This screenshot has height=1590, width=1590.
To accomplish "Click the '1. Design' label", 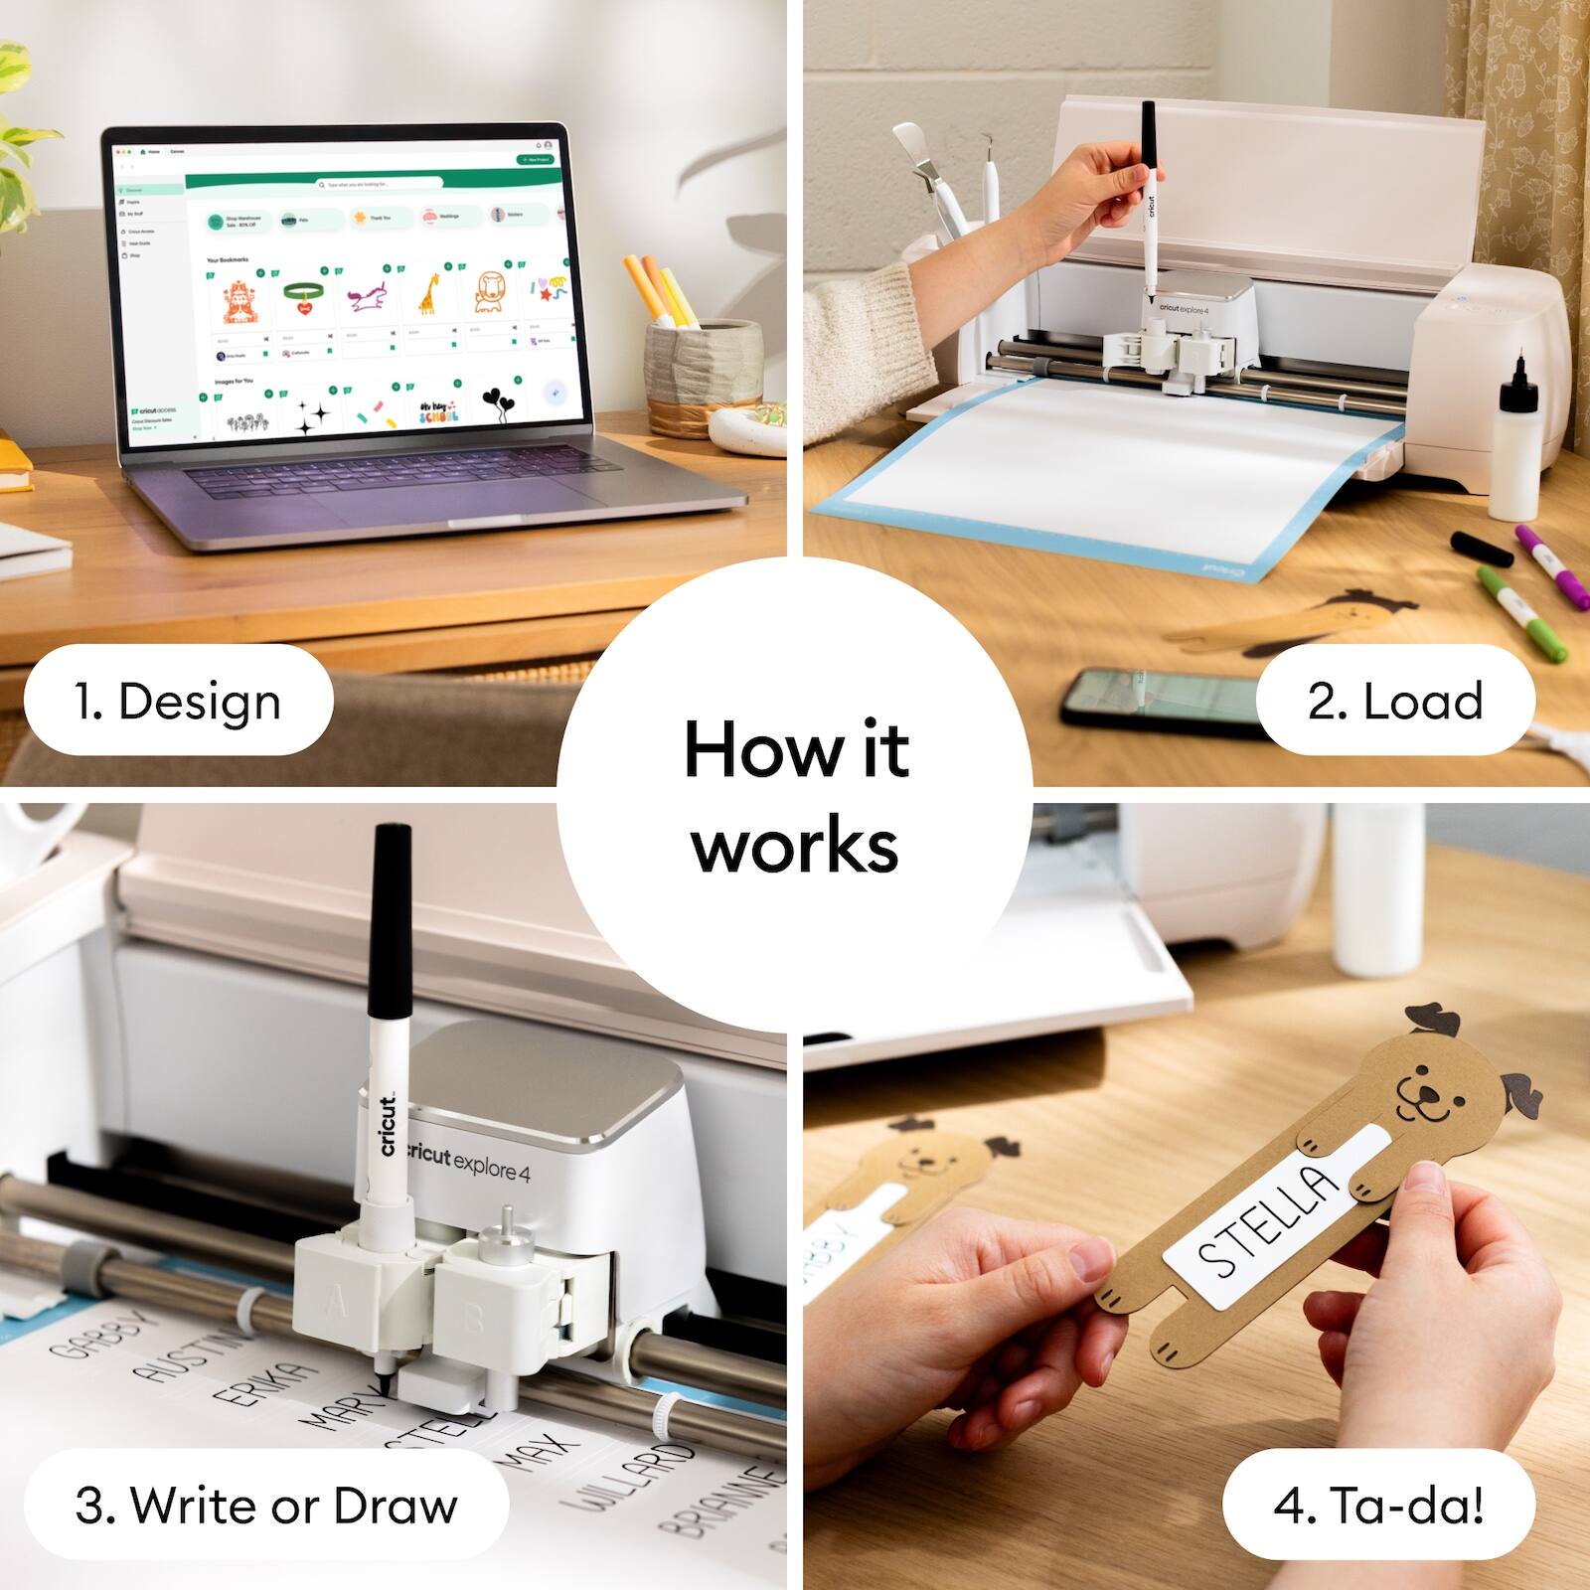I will pos(179,701).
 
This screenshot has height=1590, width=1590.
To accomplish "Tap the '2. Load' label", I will pos(1394,701).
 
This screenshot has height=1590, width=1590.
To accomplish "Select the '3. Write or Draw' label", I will pos(266,1505).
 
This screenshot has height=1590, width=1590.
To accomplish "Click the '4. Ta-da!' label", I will pos(1378,1505).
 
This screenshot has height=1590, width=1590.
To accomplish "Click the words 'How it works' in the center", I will pos(795,795).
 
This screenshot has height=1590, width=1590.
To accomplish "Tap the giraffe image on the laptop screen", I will pos(428,294).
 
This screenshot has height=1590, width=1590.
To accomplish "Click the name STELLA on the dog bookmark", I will pos(1267,1220).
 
